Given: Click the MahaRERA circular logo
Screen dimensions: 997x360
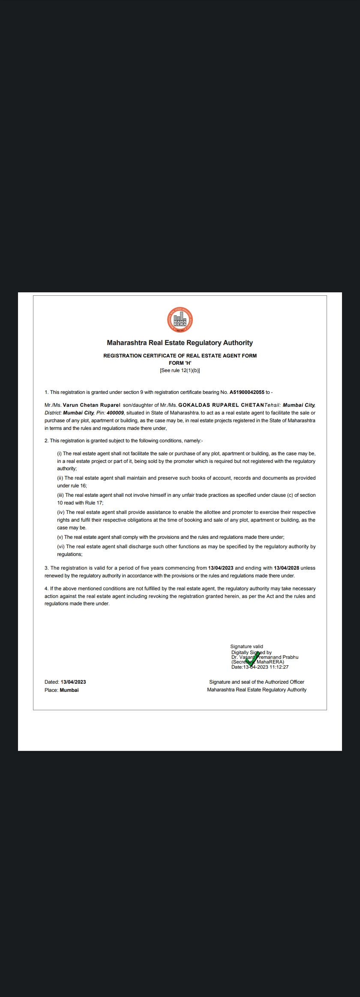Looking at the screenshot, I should pyautogui.click(x=180, y=320).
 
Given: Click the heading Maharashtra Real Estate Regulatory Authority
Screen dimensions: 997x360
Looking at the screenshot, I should pyautogui.click(x=180, y=343).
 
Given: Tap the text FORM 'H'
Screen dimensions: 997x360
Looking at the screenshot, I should pyautogui.click(x=180, y=363).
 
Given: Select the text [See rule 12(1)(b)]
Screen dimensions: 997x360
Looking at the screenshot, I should pyautogui.click(x=180, y=370).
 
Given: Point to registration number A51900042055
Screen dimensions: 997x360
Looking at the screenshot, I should pyautogui.click(x=247, y=392).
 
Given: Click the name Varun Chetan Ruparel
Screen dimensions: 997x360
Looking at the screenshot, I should pyautogui.click(x=92, y=405).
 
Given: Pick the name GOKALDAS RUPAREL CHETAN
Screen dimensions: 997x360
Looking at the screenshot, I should pyautogui.click(x=221, y=405).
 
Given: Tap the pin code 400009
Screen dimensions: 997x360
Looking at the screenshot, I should pyautogui.click(x=115, y=413).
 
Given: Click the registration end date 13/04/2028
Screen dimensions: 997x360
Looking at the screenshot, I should pyautogui.click(x=286, y=568).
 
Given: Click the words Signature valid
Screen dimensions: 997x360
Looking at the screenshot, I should pyautogui.click(x=247, y=646).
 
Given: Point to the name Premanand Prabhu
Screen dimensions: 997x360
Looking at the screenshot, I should pyautogui.click(x=279, y=657).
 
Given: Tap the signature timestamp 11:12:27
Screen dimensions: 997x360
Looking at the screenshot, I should pyautogui.click(x=279, y=667).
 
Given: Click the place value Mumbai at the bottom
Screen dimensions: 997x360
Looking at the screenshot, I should pyautogui.click(x=69, y=690).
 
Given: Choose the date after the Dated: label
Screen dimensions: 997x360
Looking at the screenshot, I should pyautogui.click(x=73, y=682).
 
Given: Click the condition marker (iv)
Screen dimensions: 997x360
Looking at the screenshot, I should pyautogui.click(x=61, y=512).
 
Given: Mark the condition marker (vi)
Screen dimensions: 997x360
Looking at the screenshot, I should pyautogui.click(x=61, y=547).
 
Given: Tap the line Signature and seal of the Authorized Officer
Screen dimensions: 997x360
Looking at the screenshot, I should pyautogui.click(x=257, y=682).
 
